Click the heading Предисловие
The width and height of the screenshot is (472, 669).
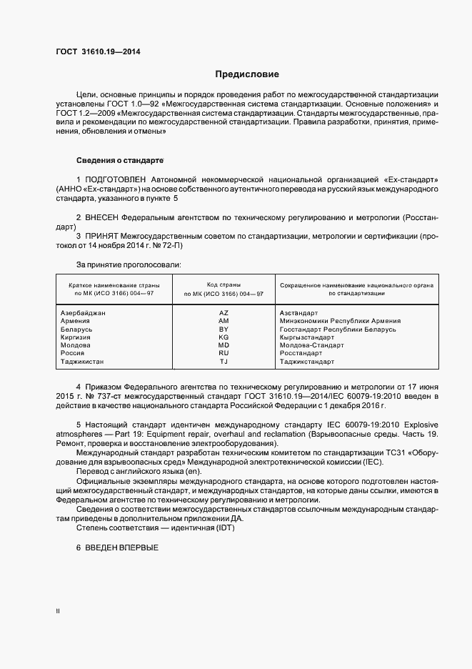click(247, 74)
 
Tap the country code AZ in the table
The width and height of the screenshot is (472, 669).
click(223, 312)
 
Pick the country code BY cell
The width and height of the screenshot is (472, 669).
click(223, 329)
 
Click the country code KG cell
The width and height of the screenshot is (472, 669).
click(223, 337)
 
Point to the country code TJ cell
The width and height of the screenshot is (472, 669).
click(223, 362)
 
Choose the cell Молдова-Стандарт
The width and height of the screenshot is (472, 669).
click(311, 345)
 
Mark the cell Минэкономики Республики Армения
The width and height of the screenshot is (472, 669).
click(340, 321)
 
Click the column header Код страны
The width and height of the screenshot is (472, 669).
click(223, 284)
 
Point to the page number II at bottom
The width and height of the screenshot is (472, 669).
click(59, 611)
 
